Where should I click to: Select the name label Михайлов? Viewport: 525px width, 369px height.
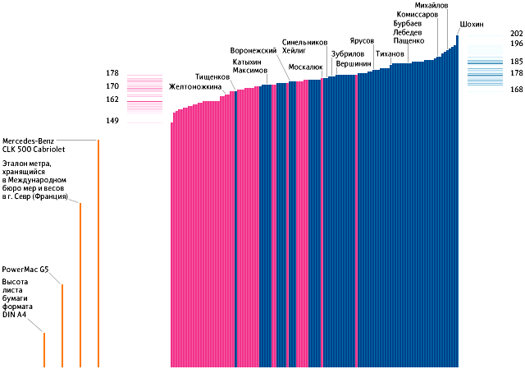coord(432,6)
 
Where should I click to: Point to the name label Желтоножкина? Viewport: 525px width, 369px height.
coord(195,86)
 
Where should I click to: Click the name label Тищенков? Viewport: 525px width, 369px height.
coord(212,76)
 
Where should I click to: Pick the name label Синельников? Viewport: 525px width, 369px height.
coord(304,41)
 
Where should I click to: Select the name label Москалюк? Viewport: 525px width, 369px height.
coord(306,67)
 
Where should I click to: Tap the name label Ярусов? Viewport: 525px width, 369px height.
coord(362,40)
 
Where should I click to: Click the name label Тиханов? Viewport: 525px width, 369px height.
coord(390,54)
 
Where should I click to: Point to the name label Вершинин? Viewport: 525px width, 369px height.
coord(353,63)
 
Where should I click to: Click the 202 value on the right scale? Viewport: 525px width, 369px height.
coord(516,34)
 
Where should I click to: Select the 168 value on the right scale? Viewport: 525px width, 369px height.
coord(516,90)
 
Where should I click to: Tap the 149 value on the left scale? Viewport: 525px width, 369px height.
coord(112,122)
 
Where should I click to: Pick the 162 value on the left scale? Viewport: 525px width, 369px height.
coord(112,99)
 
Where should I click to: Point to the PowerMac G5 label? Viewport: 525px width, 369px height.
coord(25,269)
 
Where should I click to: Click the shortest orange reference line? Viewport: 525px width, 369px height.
coord(44,349)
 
